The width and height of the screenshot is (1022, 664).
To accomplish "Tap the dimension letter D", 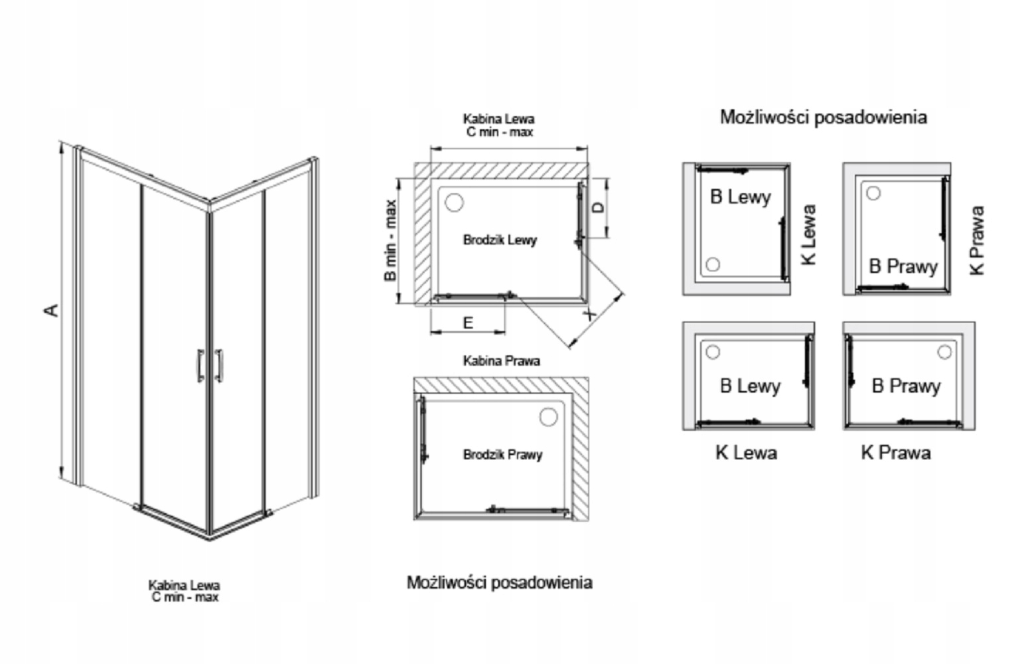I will (599, 208).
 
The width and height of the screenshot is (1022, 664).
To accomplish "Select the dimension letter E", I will (468, 323).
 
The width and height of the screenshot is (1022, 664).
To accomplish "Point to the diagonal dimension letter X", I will (591, 313).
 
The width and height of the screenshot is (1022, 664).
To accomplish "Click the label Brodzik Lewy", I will (500, 240).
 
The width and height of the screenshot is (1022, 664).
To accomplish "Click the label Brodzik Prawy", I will (502, 455).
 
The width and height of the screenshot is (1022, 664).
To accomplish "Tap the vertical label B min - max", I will (390, 240).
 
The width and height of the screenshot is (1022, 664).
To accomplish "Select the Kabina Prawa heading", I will (501, 361).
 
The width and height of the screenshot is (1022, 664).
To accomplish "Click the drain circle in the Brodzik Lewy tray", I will (454, 202).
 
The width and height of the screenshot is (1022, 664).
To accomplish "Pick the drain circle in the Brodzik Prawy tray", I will (548, 417).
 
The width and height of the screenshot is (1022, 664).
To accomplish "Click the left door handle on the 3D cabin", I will (200, 366).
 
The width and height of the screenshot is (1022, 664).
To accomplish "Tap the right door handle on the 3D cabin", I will (218, 366).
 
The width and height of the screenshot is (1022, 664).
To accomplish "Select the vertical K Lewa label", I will (808, 234).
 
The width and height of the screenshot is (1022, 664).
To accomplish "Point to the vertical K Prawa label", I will (977, 240).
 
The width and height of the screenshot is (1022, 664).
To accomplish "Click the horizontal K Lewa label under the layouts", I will (746, 453).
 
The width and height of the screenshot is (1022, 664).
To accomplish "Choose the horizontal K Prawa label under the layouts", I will (895, 453).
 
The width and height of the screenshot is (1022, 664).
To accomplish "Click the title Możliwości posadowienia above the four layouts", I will (823, 118).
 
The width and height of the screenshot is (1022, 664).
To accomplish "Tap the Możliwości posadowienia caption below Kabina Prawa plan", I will (499, 582).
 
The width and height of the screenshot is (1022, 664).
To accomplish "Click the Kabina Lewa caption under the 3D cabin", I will (184, 586).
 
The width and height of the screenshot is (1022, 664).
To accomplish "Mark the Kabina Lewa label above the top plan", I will (498, 120).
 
